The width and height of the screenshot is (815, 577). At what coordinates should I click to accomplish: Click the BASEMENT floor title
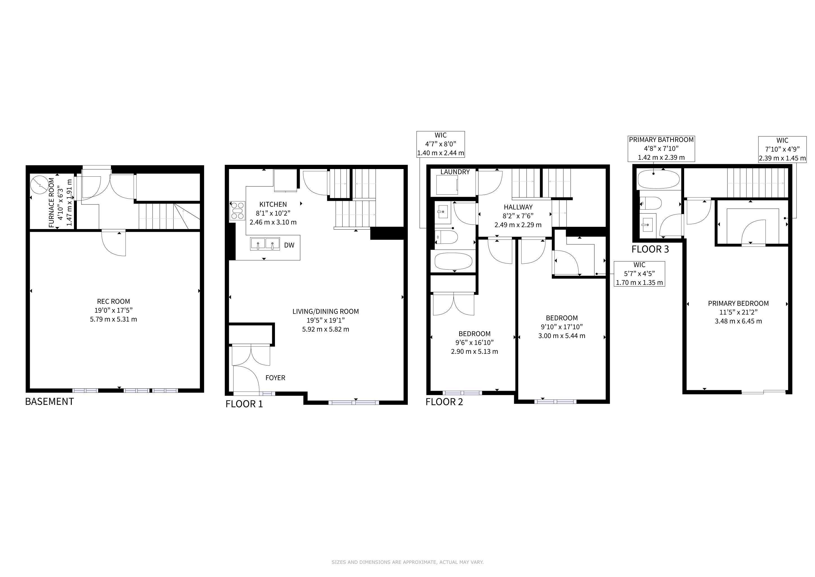point(49,401)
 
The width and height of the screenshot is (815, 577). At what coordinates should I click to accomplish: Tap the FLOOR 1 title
point(244,404)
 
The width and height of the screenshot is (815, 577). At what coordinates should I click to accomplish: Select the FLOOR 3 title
point(650,249)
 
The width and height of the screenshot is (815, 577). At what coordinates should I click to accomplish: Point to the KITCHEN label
point(273,204)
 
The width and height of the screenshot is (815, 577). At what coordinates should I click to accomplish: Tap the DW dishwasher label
point(289,245)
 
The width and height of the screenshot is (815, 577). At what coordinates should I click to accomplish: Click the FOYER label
point(276,378)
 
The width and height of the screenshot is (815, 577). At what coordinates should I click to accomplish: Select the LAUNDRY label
point(455,172)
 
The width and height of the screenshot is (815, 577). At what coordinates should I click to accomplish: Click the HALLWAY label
point(518,207)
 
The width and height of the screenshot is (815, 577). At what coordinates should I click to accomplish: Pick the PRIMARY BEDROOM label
point(738,303)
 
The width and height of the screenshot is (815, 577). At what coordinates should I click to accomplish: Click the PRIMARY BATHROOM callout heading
point(661,140)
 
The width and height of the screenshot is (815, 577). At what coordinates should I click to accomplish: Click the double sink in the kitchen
point(265,244)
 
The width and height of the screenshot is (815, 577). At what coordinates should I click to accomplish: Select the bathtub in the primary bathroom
point(659,179)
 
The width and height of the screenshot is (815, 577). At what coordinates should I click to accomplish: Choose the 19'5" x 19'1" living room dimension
point(326,320)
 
